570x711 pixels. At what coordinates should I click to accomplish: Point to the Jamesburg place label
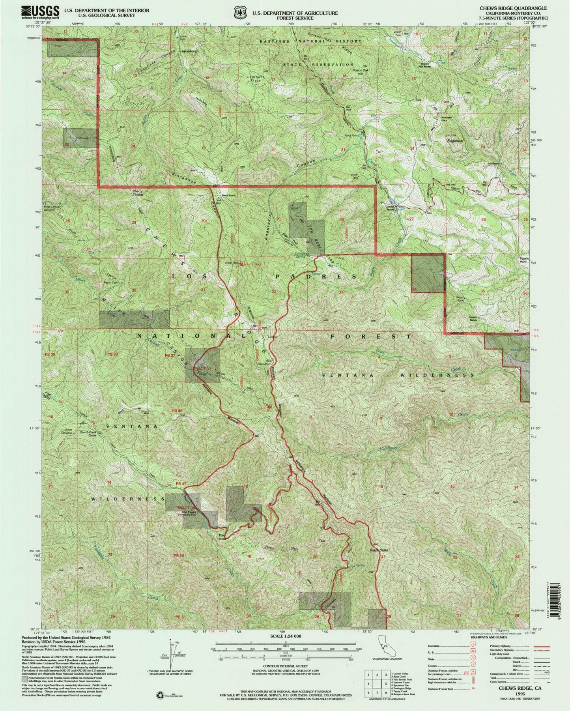[x=189, y=52]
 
